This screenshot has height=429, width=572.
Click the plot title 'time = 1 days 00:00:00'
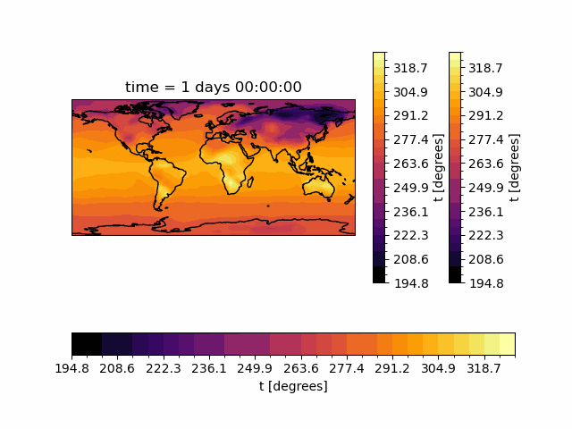213,87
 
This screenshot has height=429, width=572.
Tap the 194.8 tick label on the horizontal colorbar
71,368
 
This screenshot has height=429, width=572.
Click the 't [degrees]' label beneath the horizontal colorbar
293,386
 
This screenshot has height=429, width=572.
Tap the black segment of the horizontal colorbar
87,344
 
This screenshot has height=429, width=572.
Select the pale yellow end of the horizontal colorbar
507,344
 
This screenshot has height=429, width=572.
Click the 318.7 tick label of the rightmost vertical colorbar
487,68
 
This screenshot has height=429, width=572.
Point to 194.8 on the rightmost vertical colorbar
487,283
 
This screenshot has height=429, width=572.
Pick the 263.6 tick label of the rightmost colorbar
487,164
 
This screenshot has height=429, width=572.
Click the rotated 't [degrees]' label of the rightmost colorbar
514,167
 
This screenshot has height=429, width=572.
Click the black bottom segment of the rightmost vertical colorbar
455,274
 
